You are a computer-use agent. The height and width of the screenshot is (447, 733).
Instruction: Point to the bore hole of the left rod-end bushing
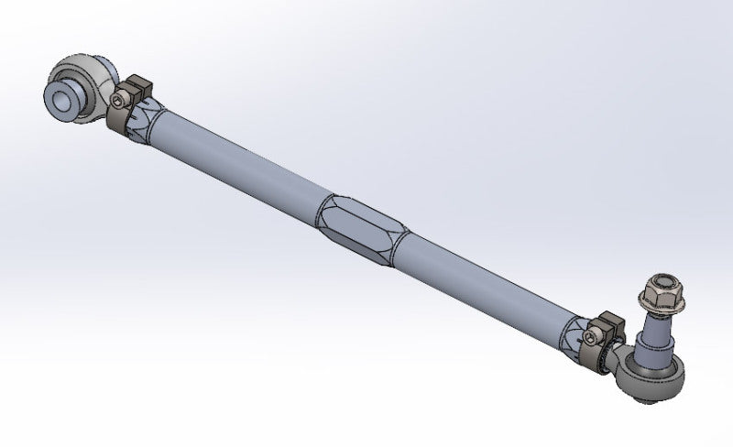tap(66, 94)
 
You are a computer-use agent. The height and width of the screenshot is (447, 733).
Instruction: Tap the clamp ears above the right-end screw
tap(610, 322)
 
